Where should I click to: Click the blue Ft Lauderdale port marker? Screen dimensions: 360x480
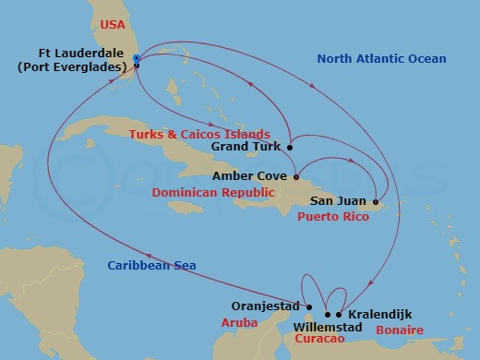(x=137, y=59)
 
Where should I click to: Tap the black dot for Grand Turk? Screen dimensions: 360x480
(x=290, y=147)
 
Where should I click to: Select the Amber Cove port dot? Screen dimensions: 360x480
(x=296, y=176)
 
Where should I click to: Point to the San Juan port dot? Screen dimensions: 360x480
(x=375, y=201)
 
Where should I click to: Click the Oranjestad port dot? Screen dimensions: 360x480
(x=310, y=307)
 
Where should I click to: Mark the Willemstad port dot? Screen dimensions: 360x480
(x=328, y=315)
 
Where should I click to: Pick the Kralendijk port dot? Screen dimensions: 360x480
(x=340, y=315)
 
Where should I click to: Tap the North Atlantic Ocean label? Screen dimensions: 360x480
(x=381, y=59)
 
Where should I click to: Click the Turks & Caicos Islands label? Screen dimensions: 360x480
(x=199, y=134)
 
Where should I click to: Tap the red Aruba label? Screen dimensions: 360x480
(x=239, y=322)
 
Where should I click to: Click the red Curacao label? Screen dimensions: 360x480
(x=320, y=339)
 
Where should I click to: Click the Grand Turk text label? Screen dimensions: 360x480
(x=246, y=147)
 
